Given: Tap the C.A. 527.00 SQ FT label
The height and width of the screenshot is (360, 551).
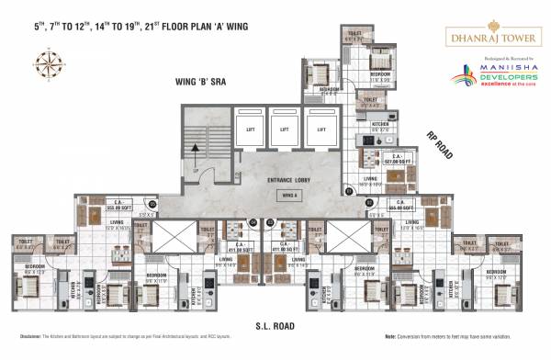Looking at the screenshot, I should pos(372,157).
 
